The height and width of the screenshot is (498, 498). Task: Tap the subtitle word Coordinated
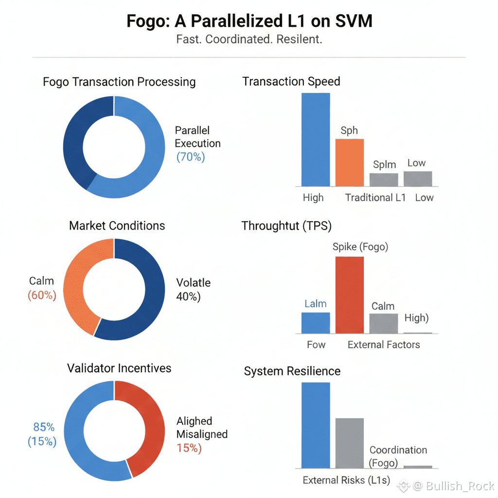tap(239, 39)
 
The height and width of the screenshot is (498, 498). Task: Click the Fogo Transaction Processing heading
tap(119, 82)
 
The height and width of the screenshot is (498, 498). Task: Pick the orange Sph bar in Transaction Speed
tap(349, 162)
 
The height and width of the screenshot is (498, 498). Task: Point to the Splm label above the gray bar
tap(384, 164)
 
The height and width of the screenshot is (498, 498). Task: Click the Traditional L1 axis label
tap(375, 197)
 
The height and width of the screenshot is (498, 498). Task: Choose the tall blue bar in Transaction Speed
tap(316, 140)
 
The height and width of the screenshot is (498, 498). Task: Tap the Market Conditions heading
tap(117, 226)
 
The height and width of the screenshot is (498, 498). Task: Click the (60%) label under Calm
tap(42, 295)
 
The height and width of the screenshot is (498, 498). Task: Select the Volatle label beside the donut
tap(194, 283)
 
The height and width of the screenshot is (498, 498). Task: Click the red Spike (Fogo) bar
tap(349, 295)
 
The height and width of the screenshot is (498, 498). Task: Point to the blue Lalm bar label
tap(315, 304)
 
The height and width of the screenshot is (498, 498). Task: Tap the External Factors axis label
tap(384, 345)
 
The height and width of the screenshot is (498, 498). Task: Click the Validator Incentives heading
tap(119, 368)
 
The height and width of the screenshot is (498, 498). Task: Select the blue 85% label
tap(44, 427)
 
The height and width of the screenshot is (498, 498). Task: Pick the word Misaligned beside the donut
tap(202, 434)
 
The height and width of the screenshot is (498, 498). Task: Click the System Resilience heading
tap(292, 372)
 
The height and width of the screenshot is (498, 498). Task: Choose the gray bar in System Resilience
tap(349, 443)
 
